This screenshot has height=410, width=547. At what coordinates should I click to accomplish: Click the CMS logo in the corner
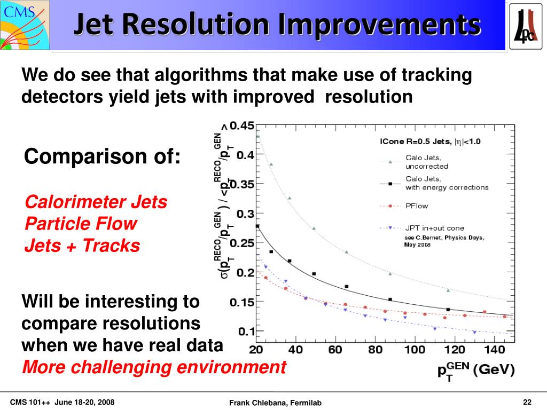[25, 23]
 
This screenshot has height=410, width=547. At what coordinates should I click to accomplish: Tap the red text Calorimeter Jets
[96, 202]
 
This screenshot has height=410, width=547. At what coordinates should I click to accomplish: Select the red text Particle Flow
[81, 224]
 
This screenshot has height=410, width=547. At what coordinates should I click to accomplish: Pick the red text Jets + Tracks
[82, 246]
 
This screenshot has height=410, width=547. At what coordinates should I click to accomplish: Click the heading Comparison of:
[103, 157]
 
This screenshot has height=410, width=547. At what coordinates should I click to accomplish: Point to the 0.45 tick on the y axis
[241, 126]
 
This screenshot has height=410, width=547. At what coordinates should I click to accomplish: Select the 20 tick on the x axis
[257, 350]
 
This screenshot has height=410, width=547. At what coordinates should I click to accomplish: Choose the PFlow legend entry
[417, 206]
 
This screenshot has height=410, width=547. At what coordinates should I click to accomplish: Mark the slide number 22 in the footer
[528, 402]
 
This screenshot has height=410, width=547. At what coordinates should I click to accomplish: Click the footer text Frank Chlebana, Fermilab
[275, 403]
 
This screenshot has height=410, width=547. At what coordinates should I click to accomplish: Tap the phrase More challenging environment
[154, 367]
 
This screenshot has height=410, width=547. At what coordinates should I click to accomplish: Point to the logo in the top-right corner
[527, 25]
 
